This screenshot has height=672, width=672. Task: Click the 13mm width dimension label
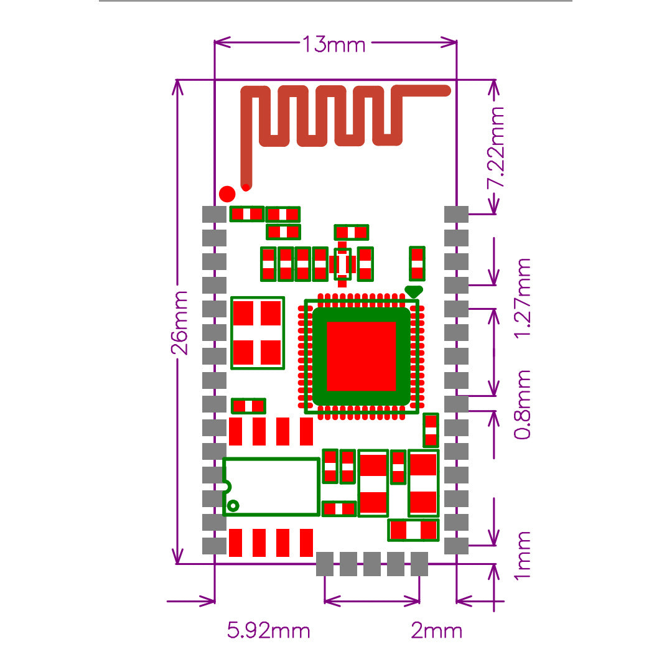(334, 45)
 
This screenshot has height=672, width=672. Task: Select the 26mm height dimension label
(180, 322)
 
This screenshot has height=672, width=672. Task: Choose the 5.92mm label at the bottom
(268, 631)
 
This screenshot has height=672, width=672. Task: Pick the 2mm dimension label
(437, 631)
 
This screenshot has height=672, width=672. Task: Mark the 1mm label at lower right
(523, 555)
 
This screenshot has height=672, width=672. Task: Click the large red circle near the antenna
(228, 193)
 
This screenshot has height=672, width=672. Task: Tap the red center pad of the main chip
(361, 356)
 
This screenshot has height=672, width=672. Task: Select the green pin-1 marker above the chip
(414, 291)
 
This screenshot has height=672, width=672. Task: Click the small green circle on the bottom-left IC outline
(233, 505)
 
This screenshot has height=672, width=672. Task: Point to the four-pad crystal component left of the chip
(258, 332)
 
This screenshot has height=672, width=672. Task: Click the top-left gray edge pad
(215, 214)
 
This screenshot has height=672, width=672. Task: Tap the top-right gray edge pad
(456, 214)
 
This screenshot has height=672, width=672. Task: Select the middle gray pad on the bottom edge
(372, 564)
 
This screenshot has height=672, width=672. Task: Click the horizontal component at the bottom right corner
(413, 530)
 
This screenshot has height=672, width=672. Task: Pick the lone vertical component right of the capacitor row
(417, 263)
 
